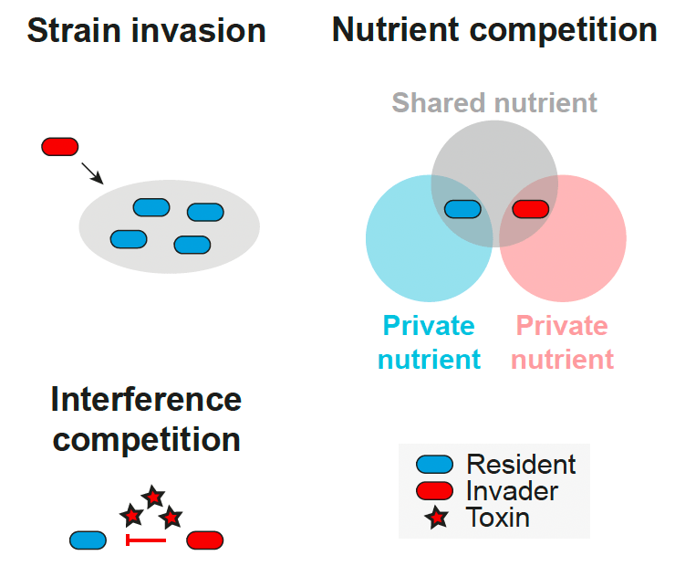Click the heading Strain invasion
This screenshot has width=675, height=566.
pos(146,30)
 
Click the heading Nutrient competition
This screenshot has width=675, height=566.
pos(494,30)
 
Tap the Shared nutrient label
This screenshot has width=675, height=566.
pos(494,102)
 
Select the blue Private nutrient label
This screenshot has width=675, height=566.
pos(429,342)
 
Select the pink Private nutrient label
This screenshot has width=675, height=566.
pos(562,342)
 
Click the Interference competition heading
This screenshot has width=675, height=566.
pos(146,419)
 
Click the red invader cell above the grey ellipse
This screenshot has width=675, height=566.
pos(60,146)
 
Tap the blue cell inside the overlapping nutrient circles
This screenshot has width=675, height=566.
pos(462,209)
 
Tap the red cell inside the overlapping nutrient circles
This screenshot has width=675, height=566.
pos(530,209)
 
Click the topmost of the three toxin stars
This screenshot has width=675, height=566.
pos(152,497)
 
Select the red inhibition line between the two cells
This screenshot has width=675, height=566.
pos(145,540)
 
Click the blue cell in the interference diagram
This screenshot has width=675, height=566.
pos(88,540)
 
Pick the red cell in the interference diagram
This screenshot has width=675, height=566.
pos(205,540)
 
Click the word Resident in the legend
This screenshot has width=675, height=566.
pos(521,465)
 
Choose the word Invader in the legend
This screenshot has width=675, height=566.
pos(512,491)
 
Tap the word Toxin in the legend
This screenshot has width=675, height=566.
pos(497,518)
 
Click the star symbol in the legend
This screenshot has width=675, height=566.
pos(437,519)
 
